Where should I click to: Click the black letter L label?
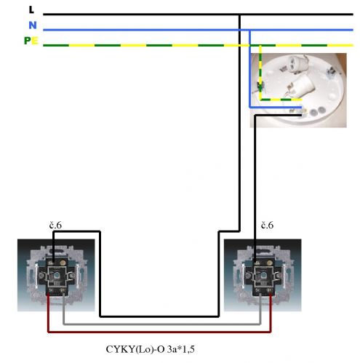[31, 9]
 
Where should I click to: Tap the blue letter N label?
[33, 25]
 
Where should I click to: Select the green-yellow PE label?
[31, 41]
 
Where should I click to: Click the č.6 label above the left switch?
[55, 226]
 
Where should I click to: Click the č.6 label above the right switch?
[267, 226]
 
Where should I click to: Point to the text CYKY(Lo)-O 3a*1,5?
[150, 349]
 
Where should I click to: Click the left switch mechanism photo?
[56, 275]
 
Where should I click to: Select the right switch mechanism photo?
[263, 275]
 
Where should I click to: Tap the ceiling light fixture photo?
[298, 90]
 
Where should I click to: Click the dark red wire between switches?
[159, 332]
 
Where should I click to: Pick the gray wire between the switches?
[162, 324]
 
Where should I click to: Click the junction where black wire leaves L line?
[239, 15]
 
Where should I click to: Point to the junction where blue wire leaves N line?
[249, 30]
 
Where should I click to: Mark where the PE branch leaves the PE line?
[260, 45]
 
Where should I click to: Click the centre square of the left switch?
[56, 275]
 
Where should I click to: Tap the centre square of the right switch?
[263, 275]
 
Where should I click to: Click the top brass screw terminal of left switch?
[63, 263]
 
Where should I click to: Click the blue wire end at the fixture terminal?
[301, 107]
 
